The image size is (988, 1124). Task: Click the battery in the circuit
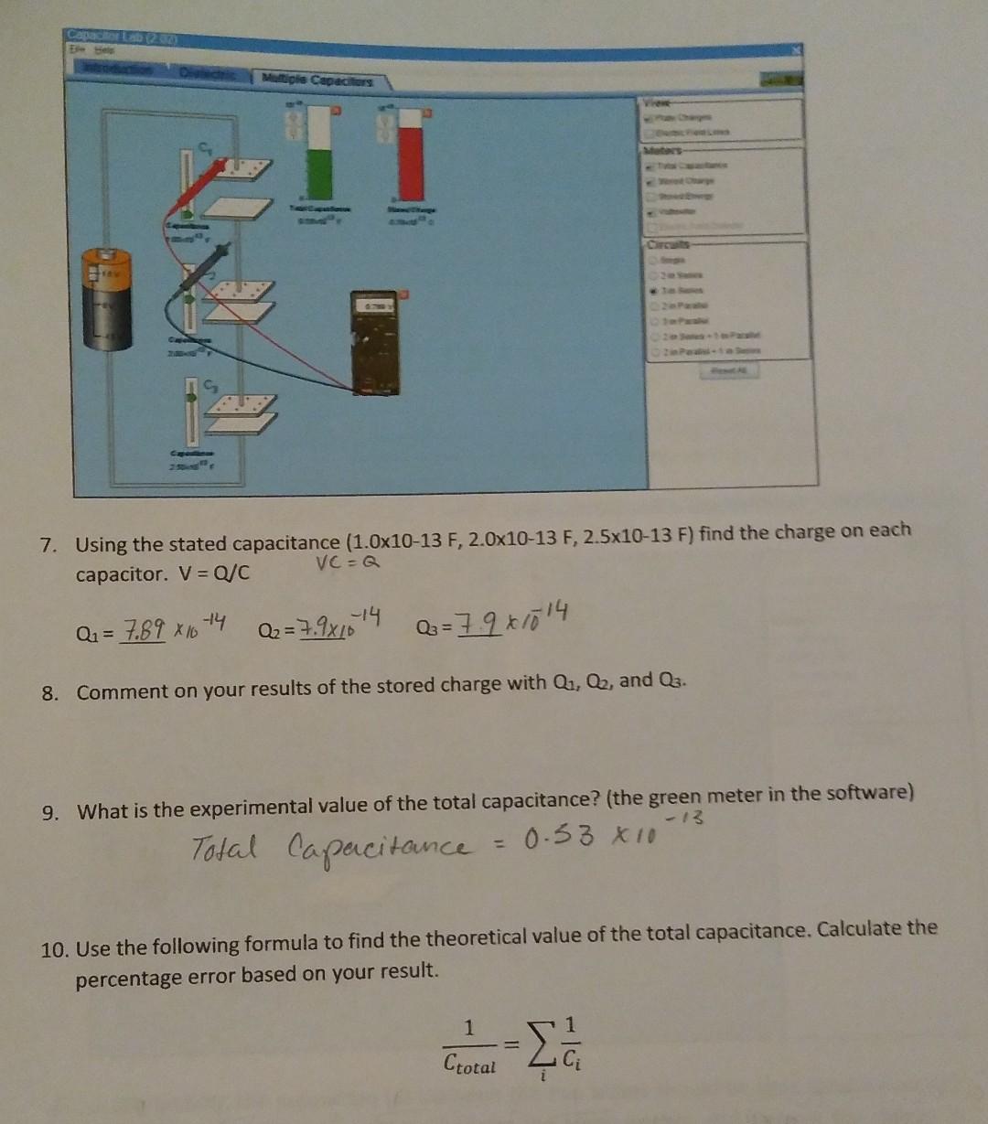click(x=107, y=299)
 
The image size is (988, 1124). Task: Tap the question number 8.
click(x=50, y=692)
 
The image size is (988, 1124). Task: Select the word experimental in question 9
click(x=222, y=809)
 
